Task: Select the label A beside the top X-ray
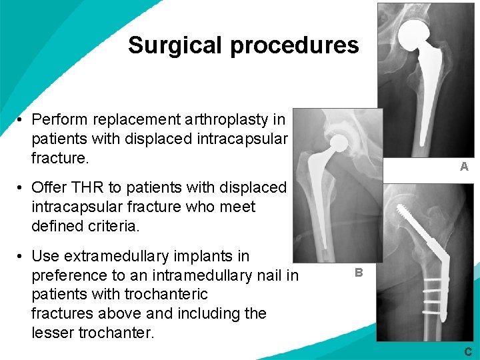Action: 464,167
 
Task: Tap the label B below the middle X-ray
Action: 359,272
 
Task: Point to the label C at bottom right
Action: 468,351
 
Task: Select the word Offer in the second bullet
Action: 49,188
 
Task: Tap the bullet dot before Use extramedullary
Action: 21,257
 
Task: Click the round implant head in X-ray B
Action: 339,142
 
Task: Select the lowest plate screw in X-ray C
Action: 434,309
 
